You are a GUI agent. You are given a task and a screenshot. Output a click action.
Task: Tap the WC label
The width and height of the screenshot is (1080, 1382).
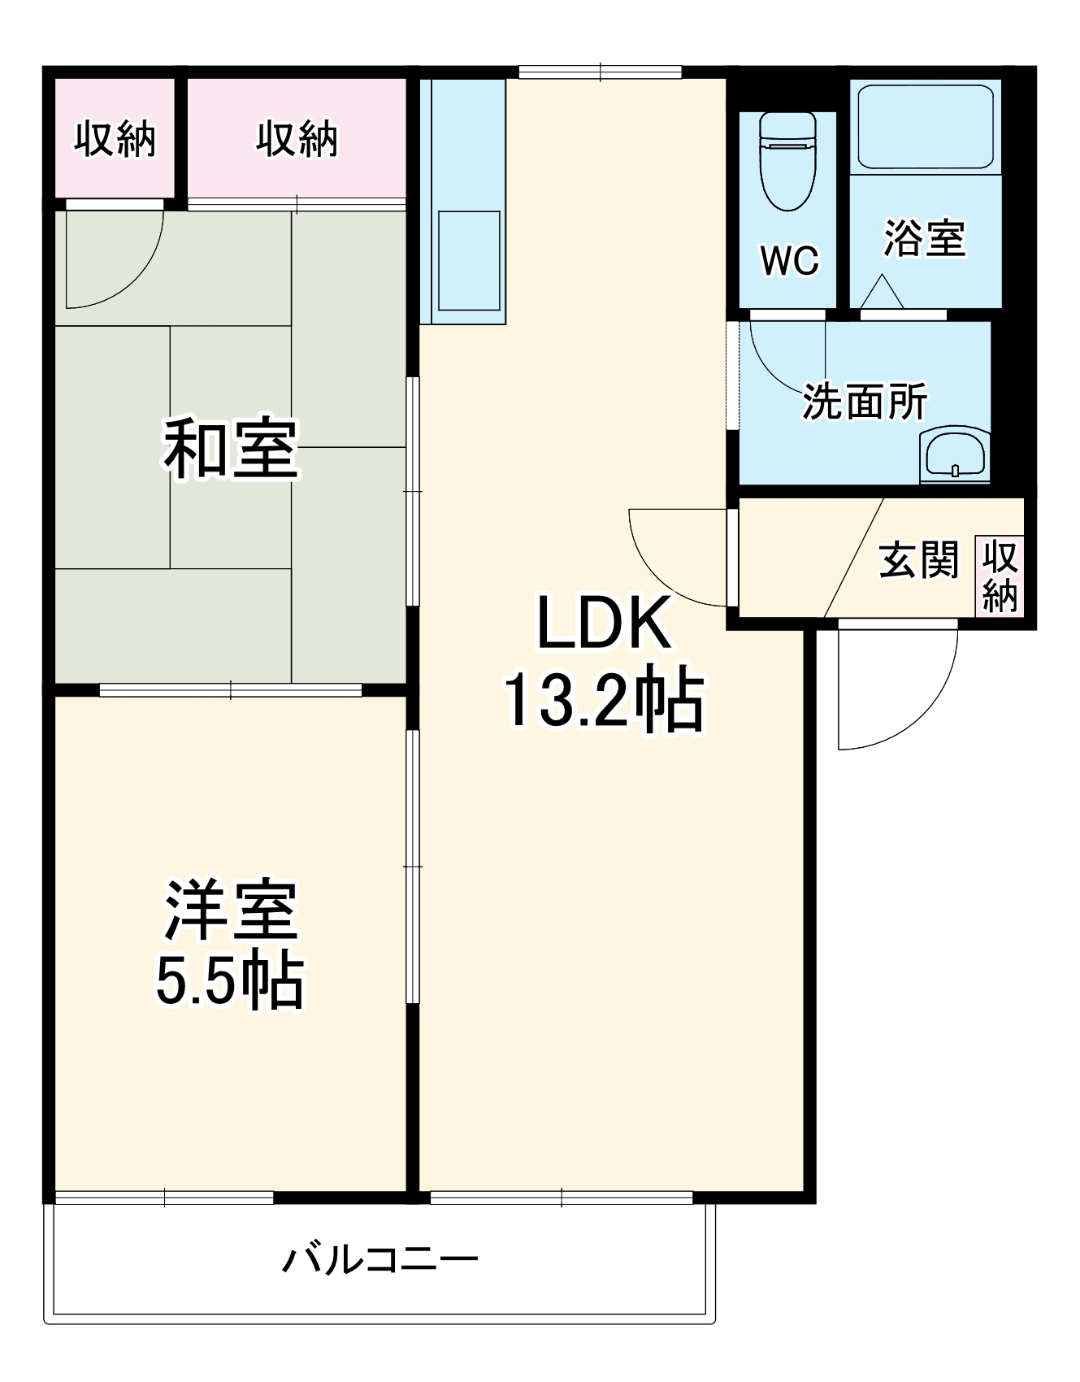[789, 260]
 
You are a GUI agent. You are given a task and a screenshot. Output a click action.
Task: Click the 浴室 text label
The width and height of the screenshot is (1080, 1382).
[925, 238]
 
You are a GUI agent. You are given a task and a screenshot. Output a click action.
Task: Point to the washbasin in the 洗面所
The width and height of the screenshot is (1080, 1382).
[955, 455]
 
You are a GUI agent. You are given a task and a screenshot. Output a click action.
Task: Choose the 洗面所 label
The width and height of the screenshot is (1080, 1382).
[865, 401]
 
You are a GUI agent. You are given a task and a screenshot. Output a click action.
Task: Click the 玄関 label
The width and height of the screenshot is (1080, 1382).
[918, 559]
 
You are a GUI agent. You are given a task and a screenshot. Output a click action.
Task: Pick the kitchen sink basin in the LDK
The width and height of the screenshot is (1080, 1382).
[469, 260]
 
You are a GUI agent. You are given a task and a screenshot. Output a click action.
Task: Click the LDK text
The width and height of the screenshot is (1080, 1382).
[604, 624]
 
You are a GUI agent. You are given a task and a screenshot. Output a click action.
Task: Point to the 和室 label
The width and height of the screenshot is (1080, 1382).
[231, 449]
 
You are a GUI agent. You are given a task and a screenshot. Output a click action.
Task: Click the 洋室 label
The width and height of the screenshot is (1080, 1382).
[231, 909]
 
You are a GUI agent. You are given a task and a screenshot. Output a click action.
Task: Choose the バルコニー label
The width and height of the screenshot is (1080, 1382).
[380, 1259]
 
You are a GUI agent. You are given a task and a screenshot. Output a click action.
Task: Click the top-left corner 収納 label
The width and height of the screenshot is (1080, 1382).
[115, 139]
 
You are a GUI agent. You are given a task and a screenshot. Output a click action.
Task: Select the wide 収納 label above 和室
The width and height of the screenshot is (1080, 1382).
[297, 139]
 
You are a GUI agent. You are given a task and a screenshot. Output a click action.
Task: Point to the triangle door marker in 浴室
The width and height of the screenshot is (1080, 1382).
[882, 291]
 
